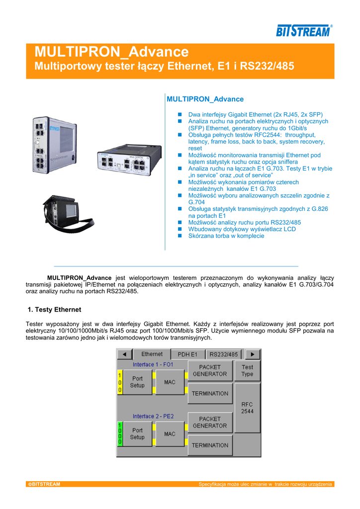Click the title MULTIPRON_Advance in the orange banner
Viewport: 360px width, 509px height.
coord(111,52)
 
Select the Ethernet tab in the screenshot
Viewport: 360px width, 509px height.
coord(152,354)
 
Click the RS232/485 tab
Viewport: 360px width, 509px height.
coord(223,354)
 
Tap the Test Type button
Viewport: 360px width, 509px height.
coord(247,371)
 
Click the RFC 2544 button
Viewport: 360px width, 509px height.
coord(247,408)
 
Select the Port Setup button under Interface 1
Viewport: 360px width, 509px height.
coord(137,382)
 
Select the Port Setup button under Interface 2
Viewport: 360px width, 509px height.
coord(137,434)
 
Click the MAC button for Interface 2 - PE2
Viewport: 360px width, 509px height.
coord(170,434)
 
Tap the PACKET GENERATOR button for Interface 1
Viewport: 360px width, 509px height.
coord(210,371)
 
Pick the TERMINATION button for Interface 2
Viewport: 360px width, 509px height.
coord(210,445)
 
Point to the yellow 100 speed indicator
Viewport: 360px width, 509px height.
coord(119,382)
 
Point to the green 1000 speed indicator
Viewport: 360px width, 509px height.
coord(119,434)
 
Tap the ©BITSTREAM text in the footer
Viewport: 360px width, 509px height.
coord(44,484)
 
